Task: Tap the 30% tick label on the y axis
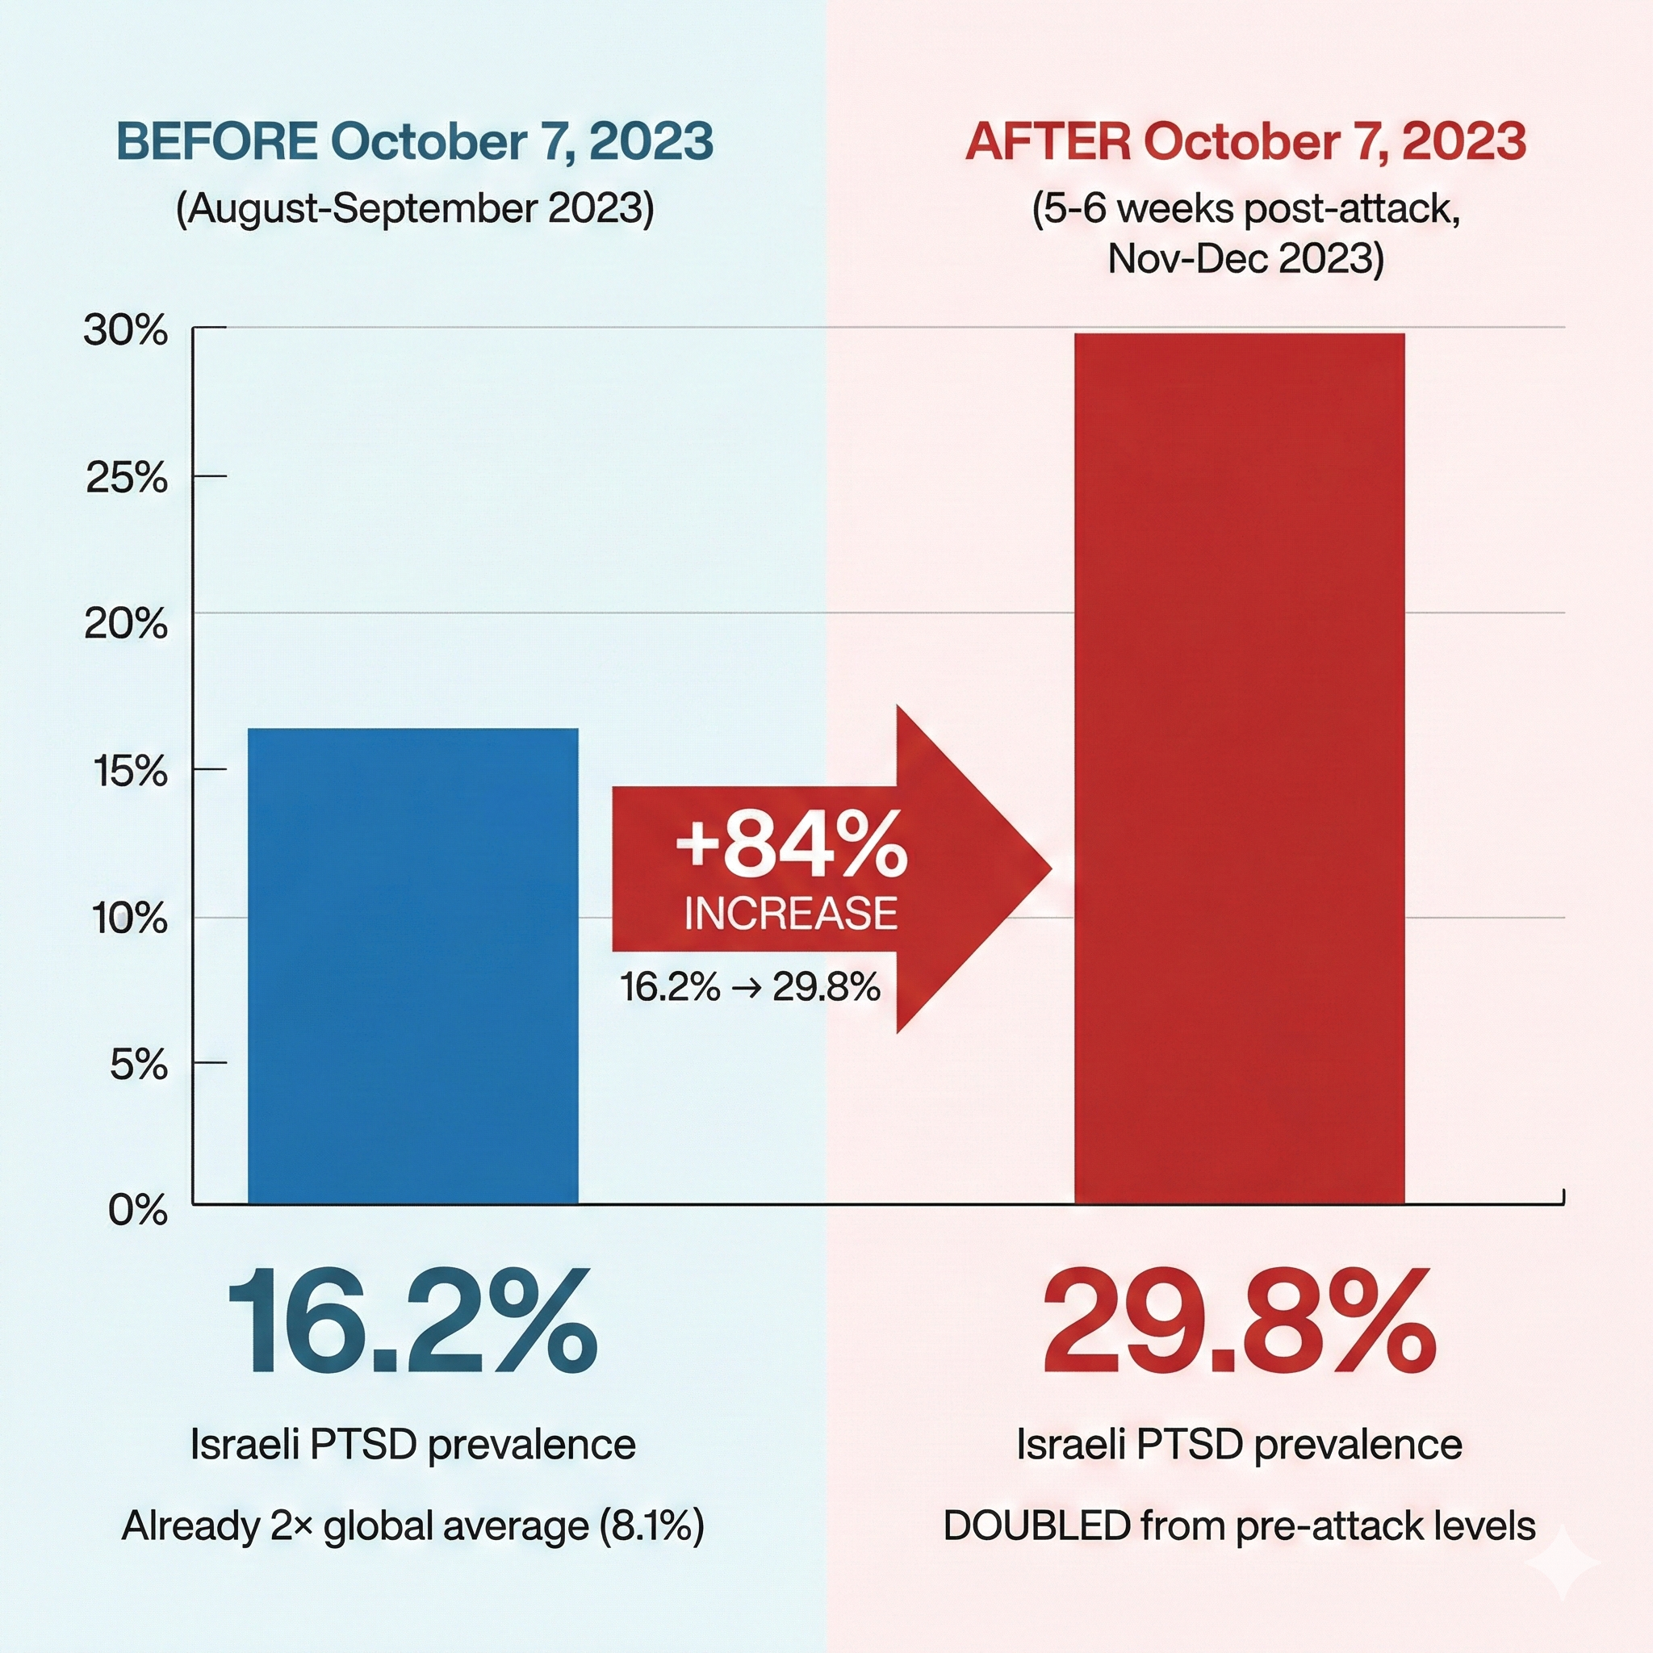tap(125, 330)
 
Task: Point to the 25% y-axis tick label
tap(127, 478)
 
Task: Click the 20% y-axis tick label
tap(125, 624)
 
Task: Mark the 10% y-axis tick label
tap(128, 919)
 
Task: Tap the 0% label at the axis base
tap(137, 1210)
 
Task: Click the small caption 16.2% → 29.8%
tap(750, 987)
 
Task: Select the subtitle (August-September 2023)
tap(414, 209)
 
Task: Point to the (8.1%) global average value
tap(652, 1525)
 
